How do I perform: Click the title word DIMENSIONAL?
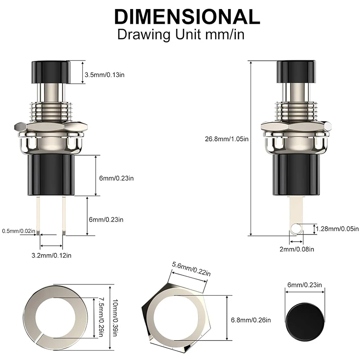point(187,17)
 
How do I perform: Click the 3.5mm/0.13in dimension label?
point(104,75)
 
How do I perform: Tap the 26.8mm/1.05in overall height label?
point(227,139)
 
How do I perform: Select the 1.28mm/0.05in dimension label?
point(337,229)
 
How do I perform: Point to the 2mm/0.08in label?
point(297,249)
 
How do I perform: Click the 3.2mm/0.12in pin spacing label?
point(51,255)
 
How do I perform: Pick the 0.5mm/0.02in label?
point(18,231)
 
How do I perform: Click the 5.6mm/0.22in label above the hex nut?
point(191,269)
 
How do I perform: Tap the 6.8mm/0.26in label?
point(251,320)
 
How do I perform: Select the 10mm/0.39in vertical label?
point(115,318)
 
